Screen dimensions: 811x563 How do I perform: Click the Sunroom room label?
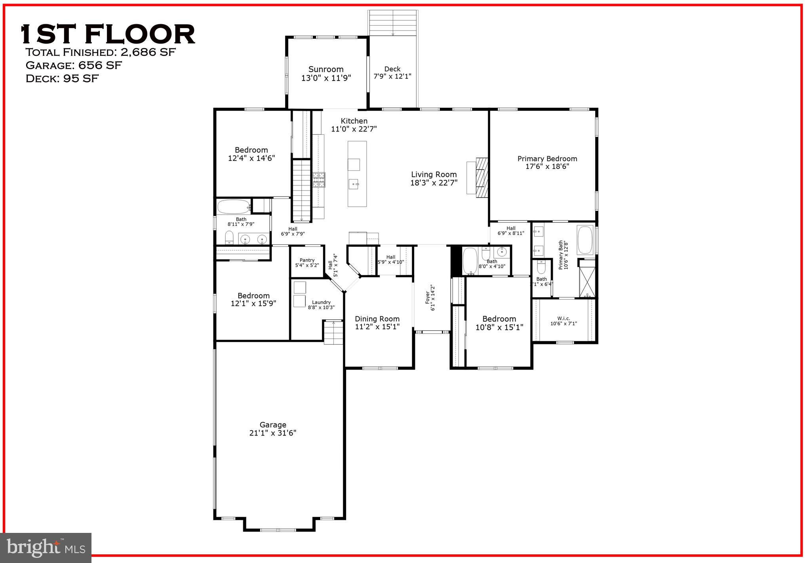pyautogui.click(x=326, y=69)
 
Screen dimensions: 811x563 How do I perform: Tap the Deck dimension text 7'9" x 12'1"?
pyautogui.click(x=392, y=76)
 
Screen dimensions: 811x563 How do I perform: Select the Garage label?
pyautogui.click(x=273, y=425)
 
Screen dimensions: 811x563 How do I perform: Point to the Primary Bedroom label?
pyautogui.click(x=547, y=159)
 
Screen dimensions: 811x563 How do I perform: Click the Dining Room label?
pyautogui.click(x=377, y=319)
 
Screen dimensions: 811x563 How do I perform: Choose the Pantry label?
pyautogui.click(x=307, y=260)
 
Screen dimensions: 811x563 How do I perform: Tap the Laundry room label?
pyautogui.click(x=321, y=302)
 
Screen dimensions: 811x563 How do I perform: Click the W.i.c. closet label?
pyautogui.click(x=564, y=318)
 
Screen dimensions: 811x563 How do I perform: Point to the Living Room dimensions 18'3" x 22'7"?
pyautogui.click(x=434, y=183)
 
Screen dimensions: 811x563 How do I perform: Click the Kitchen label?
pyautogui.click(x=354, y=121)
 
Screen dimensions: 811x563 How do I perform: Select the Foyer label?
pyautogui.click(x=428, y=298)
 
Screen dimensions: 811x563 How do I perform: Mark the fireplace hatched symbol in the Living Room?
pyautogui.click(x=482, y=177)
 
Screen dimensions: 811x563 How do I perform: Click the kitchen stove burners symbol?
pyautogui.click(x=319, y=179)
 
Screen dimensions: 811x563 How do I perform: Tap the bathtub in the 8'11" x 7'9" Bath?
pyautogui.click(x=234, y=207)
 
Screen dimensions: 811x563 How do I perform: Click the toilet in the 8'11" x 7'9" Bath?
pyautogui.click(x=229, y=238)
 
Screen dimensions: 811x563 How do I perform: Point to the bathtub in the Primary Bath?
pyautogui.click(x=585, y=240)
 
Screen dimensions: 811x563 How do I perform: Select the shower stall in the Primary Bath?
pyautogui.click(x=587, y=282)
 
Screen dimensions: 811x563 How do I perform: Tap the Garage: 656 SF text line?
pyautogui.click(x=74, y=65)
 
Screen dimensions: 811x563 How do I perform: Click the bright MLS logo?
pyautogui.click(x=46, y=548)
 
